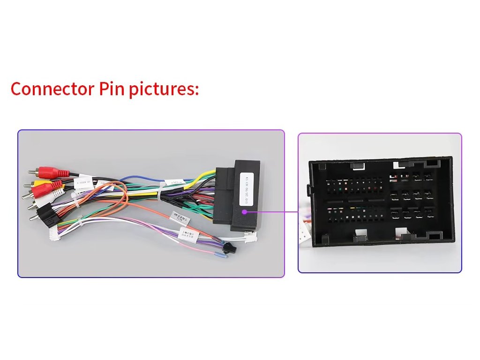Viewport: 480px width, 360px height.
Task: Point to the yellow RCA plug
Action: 38,183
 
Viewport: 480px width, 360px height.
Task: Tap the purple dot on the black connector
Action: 244,212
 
